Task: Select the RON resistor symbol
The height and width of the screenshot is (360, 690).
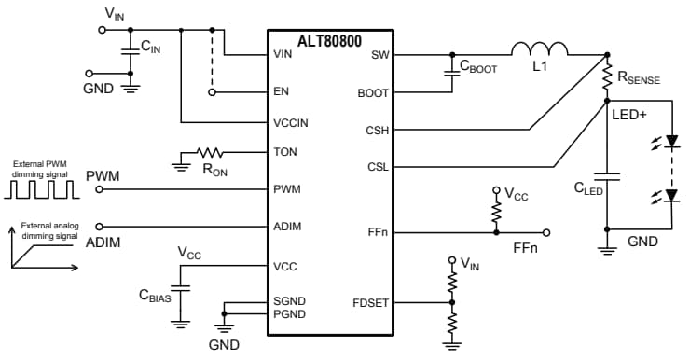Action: tap(210, 151)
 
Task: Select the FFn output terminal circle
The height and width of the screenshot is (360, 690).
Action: tap(546, 232)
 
